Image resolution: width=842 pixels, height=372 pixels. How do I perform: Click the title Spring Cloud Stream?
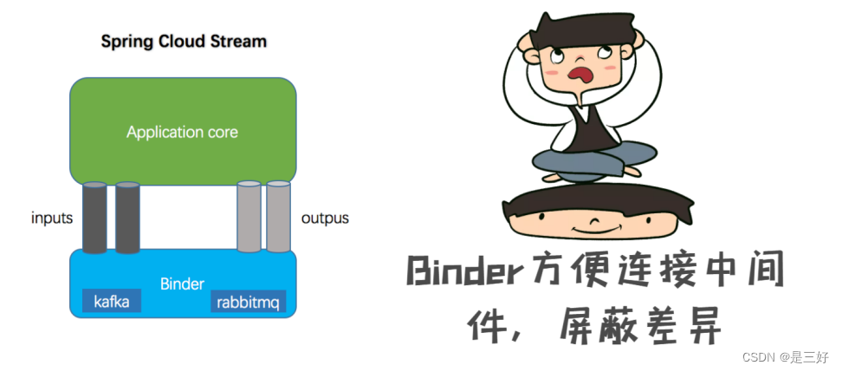click(184, 41)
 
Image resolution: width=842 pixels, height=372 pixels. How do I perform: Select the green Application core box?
click(183, 104)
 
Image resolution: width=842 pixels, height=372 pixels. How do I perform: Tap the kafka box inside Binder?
click(112, 302)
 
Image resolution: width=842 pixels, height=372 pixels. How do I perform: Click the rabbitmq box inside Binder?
click(249, 302)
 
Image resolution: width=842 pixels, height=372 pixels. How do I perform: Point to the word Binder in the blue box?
click(182, 284)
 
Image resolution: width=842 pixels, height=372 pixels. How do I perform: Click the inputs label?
click(52, 218)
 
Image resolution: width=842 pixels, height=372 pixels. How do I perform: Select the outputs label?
click(325, 218)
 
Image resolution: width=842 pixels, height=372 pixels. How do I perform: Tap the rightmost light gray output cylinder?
click(278, 216)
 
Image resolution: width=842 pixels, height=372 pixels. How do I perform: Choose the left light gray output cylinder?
click(249, 216)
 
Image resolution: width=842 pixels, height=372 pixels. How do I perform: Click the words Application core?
click(182, 133)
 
